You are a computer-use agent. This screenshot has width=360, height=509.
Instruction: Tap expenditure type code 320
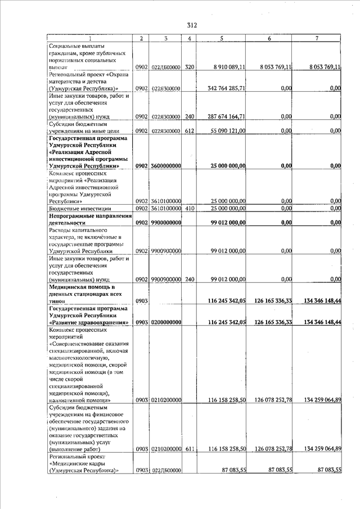coord(190,67)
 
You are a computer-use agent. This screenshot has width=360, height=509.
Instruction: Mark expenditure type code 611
coord(190,448)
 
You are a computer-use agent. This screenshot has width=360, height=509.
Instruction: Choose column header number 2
coord(141,38)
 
